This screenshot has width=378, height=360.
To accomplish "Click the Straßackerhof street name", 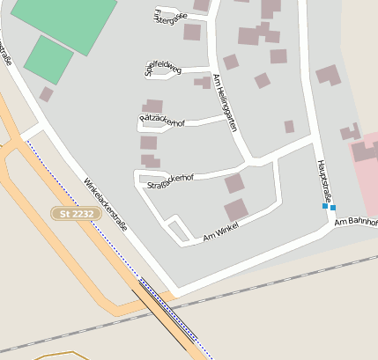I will click(x=169, y=180).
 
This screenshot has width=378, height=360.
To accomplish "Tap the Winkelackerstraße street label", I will click(x=106, y=204).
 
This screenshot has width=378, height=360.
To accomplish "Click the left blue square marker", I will click(x=324, y=207).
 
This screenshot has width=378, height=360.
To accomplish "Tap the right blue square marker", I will click(x=333, y=208).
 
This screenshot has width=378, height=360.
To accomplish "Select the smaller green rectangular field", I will click(x=48, y=59).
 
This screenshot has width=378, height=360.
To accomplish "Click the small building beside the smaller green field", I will click(x=46, y=93).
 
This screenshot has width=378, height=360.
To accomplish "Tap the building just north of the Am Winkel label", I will click(x=235, y=210).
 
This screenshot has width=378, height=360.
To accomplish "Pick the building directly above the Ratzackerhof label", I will click(x=153, y=106).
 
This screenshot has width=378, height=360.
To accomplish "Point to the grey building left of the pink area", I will click(x=350, y=132).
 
